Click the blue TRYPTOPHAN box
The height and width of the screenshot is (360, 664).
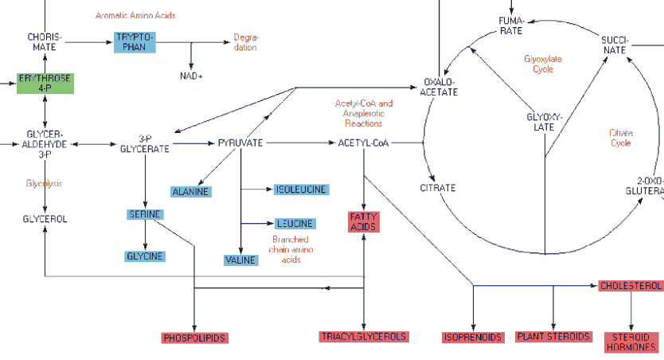135,42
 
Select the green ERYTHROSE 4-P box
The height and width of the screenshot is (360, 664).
45,83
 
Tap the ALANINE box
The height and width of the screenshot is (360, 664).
191,191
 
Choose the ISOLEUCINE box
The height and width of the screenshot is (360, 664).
301,190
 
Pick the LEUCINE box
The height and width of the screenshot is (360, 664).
295,224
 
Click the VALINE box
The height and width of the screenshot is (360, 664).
240,260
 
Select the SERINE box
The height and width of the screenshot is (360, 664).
145,214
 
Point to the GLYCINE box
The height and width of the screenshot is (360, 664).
145,256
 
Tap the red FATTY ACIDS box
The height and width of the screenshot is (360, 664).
364,221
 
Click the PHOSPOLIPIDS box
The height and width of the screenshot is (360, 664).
194,338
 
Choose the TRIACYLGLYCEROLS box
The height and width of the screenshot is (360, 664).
364,337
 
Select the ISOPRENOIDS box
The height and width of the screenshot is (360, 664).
473,338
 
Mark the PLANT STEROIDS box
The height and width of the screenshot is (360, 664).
553,337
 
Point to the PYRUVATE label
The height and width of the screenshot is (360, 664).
240,143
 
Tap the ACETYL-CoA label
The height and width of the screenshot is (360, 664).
363,143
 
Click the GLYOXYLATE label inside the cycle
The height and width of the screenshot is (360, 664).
545,122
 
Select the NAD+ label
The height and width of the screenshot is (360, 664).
191,76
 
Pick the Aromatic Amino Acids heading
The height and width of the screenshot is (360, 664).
135,15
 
